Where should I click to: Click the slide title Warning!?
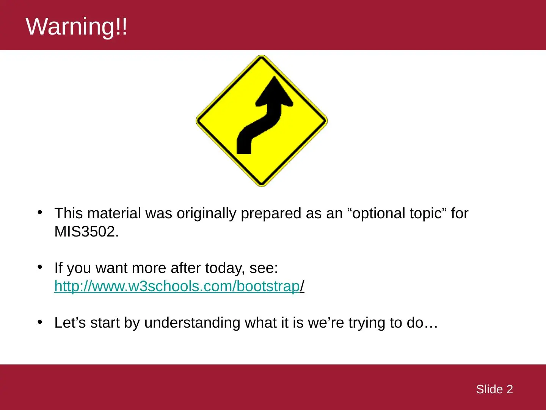(x=76, y=27)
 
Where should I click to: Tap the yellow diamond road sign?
(x=262, y=121)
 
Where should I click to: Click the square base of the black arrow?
(x=244, y=148)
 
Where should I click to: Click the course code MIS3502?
(x=86, y=232)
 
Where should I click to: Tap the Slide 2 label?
(x=494, y=389)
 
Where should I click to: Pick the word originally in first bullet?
(x=206, y=214)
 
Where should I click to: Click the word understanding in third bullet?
(x=192, y=323)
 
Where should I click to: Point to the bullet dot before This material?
(x=40, y=212)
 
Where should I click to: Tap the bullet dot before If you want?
(x=40, y=267)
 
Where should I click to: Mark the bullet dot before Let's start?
(x=40, y=322)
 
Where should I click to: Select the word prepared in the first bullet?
(x=271, y=214)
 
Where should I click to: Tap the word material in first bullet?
(x=114, y=213)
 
